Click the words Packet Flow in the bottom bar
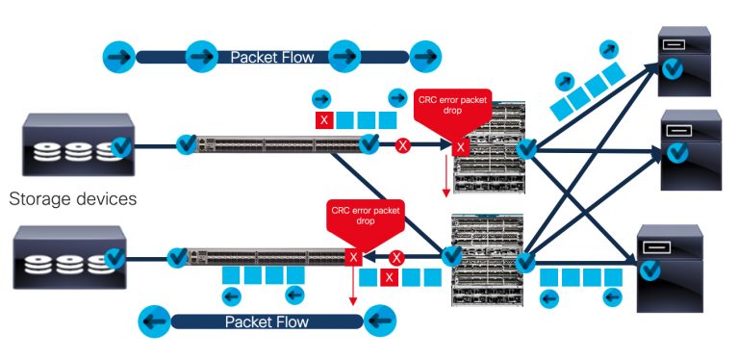(264, 321)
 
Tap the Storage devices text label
(73, 200)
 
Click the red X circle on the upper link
(404, 146)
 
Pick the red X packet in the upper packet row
(325, 120)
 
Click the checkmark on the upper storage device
(121, 146)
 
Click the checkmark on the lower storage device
(114, 257)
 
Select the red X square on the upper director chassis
(461, 147)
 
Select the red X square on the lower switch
(353, 258)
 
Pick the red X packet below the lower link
(389, 277)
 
